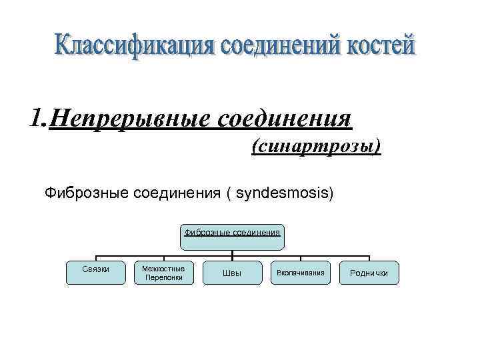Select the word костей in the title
click(381, 46)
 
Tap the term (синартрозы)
click(316, 145)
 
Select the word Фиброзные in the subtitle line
click(87, 193)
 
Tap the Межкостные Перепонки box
click(164, 273)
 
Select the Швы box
click(231, 273)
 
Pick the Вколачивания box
click(300, 273)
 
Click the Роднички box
click(369, 273)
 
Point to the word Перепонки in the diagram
click(164, 277)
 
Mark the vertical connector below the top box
click(232, 251)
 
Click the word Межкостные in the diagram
click(164, 268)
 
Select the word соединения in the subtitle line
click(177, 193)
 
